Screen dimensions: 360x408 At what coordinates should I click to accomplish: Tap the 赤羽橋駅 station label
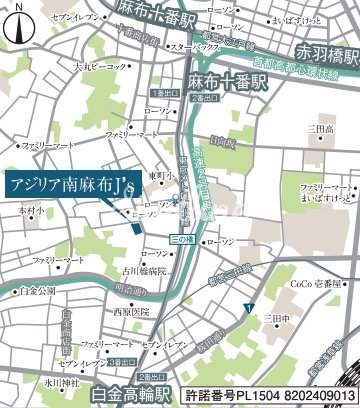(x=318, y=52)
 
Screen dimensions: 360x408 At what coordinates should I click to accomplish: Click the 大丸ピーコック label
(x=100, y=67)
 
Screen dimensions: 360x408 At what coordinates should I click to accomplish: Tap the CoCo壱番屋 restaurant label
(x=309, y=284)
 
